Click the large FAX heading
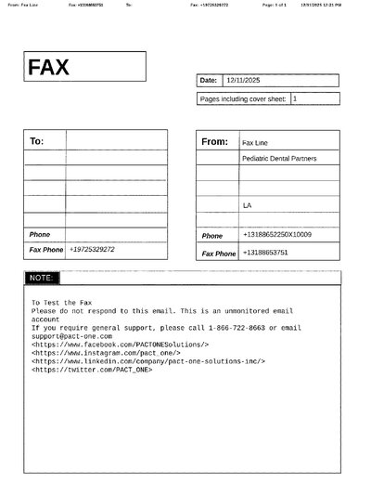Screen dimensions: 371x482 (x=48, y=67)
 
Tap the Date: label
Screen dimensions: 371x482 (x=209, y=81)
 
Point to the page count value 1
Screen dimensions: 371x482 (x=295, y=98)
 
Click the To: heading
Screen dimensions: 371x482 (x=37, y=141)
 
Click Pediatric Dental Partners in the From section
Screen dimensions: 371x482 (x=279, y=159)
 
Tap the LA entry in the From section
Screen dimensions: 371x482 (x=247, y=204)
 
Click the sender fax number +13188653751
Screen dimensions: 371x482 (x=265, y=253)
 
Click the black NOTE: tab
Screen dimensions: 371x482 (x=42, y=278)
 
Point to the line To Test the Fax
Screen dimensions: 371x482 (x=61, y=303)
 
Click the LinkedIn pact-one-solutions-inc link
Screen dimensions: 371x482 (x=136, y=361)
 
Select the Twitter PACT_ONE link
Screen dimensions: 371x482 (x=92, y=370)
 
